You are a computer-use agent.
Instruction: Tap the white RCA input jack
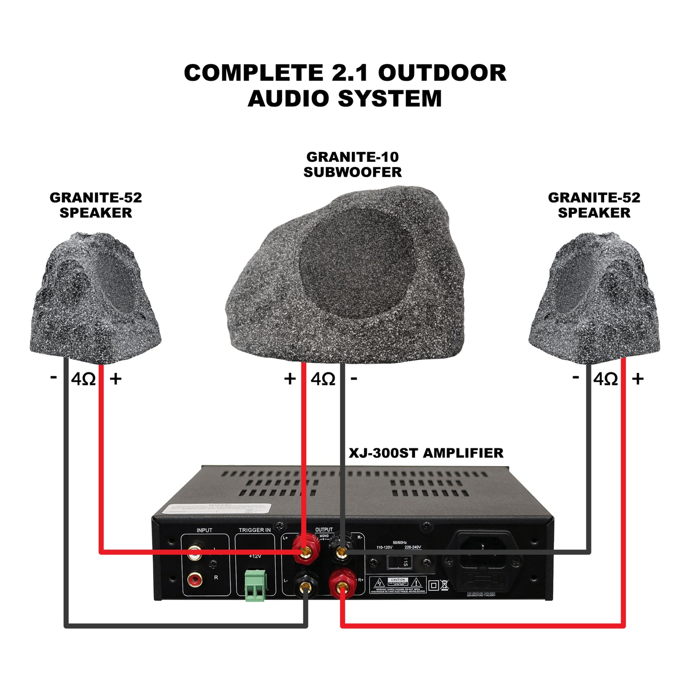coord(194,554)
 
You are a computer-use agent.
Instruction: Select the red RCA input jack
coord(194,580)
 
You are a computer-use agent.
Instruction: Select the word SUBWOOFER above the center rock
coord(352,172)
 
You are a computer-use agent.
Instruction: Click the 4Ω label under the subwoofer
coord(323,379)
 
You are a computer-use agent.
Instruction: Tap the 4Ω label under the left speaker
coord(83,379)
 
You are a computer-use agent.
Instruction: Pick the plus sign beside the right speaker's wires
coord(637,379)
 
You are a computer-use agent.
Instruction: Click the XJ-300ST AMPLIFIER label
coord(426,453)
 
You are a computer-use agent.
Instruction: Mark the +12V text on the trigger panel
coord(255,557)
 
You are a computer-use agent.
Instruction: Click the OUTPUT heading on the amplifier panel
coord(324,530)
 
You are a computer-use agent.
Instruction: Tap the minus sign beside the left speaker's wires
coord(53,378)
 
